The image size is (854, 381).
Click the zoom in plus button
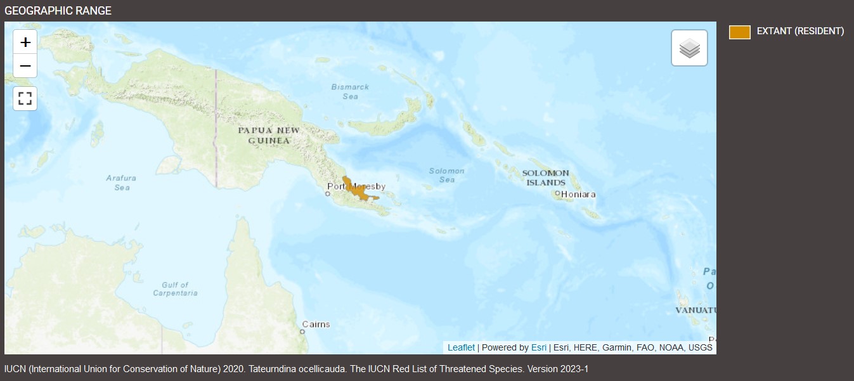(25, 42)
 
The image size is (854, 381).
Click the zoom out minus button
(25, 66)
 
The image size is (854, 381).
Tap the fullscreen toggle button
(25, 98)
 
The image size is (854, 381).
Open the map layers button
(689, 48)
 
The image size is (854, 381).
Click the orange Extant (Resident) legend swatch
(739, 32)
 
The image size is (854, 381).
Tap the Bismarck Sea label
(350, 91)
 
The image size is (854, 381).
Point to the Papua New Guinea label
(269, 135)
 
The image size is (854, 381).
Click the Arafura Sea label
(121, 183)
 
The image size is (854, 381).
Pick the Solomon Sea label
(446, 175)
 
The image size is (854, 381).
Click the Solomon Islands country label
(545, 178)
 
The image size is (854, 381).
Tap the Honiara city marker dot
(557, 193)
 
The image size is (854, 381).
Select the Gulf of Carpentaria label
(175, 289)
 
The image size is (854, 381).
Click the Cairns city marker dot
(302, 331)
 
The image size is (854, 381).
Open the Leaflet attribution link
(461, 347)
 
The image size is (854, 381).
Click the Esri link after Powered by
(538, 347)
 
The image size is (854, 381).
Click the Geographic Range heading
(58, 11)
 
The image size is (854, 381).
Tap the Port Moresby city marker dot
(328, 193)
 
